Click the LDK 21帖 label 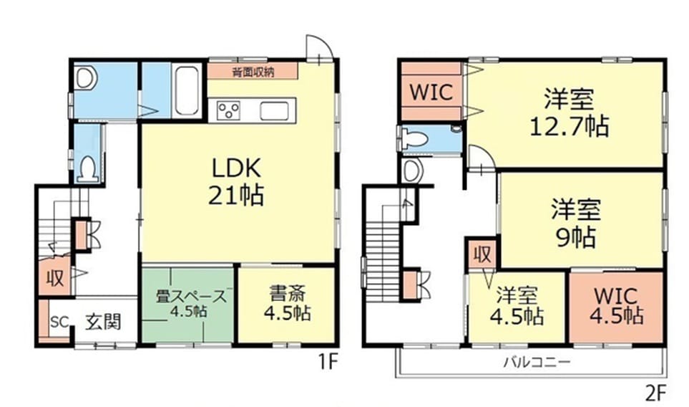[x=236, y=181]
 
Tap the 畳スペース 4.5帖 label [x=192, y=303]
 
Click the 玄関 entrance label [x=103, y=322]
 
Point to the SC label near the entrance [x=59, y=322]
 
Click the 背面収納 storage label [x=253, y=72]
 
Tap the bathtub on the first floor [x=187, y=90]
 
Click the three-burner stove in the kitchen [x=229, y=110]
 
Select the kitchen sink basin [x=274, y=110]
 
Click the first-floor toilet [x=88, y=168]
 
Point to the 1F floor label [x=328, y=363]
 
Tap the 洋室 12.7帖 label [x=569, y=112]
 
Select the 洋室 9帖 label [x=576, y=223]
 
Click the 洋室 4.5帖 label [x=517, y=306]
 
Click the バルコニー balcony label [x=537, y=362]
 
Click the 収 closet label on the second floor [x=482, y=254]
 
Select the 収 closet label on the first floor [x=55, y=278]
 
